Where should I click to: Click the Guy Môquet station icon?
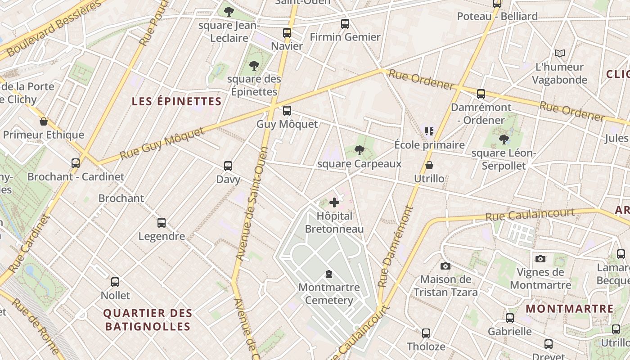tap(287, 111)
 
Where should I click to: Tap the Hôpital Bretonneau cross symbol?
tap(334, 202)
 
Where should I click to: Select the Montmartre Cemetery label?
tap(329, 294)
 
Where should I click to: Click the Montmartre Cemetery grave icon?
tap(329, 274)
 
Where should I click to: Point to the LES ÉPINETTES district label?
tap(177, 101)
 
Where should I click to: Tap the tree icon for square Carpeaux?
tap(359, 150)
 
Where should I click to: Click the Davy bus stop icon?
tap(228, 166)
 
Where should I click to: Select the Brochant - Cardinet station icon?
tap(76, 163)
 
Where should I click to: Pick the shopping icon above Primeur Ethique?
tap(44, 121)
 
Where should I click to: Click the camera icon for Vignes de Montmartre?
tap(540, 259)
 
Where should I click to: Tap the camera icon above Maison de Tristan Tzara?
tap(445, 266)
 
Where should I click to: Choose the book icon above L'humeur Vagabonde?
tap(559, 54)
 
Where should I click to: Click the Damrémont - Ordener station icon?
tap(481, 94)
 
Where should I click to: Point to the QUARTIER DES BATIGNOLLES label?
tap(148, 319)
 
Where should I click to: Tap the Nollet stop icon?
tap(115, 282)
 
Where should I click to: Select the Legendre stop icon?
tap(162, 222)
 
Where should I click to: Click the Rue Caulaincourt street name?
tap(530, 215)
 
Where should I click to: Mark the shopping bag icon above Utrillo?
tap(429, 165)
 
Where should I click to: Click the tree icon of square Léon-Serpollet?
tap(504, 139)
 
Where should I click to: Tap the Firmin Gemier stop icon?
tap(345, 24)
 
